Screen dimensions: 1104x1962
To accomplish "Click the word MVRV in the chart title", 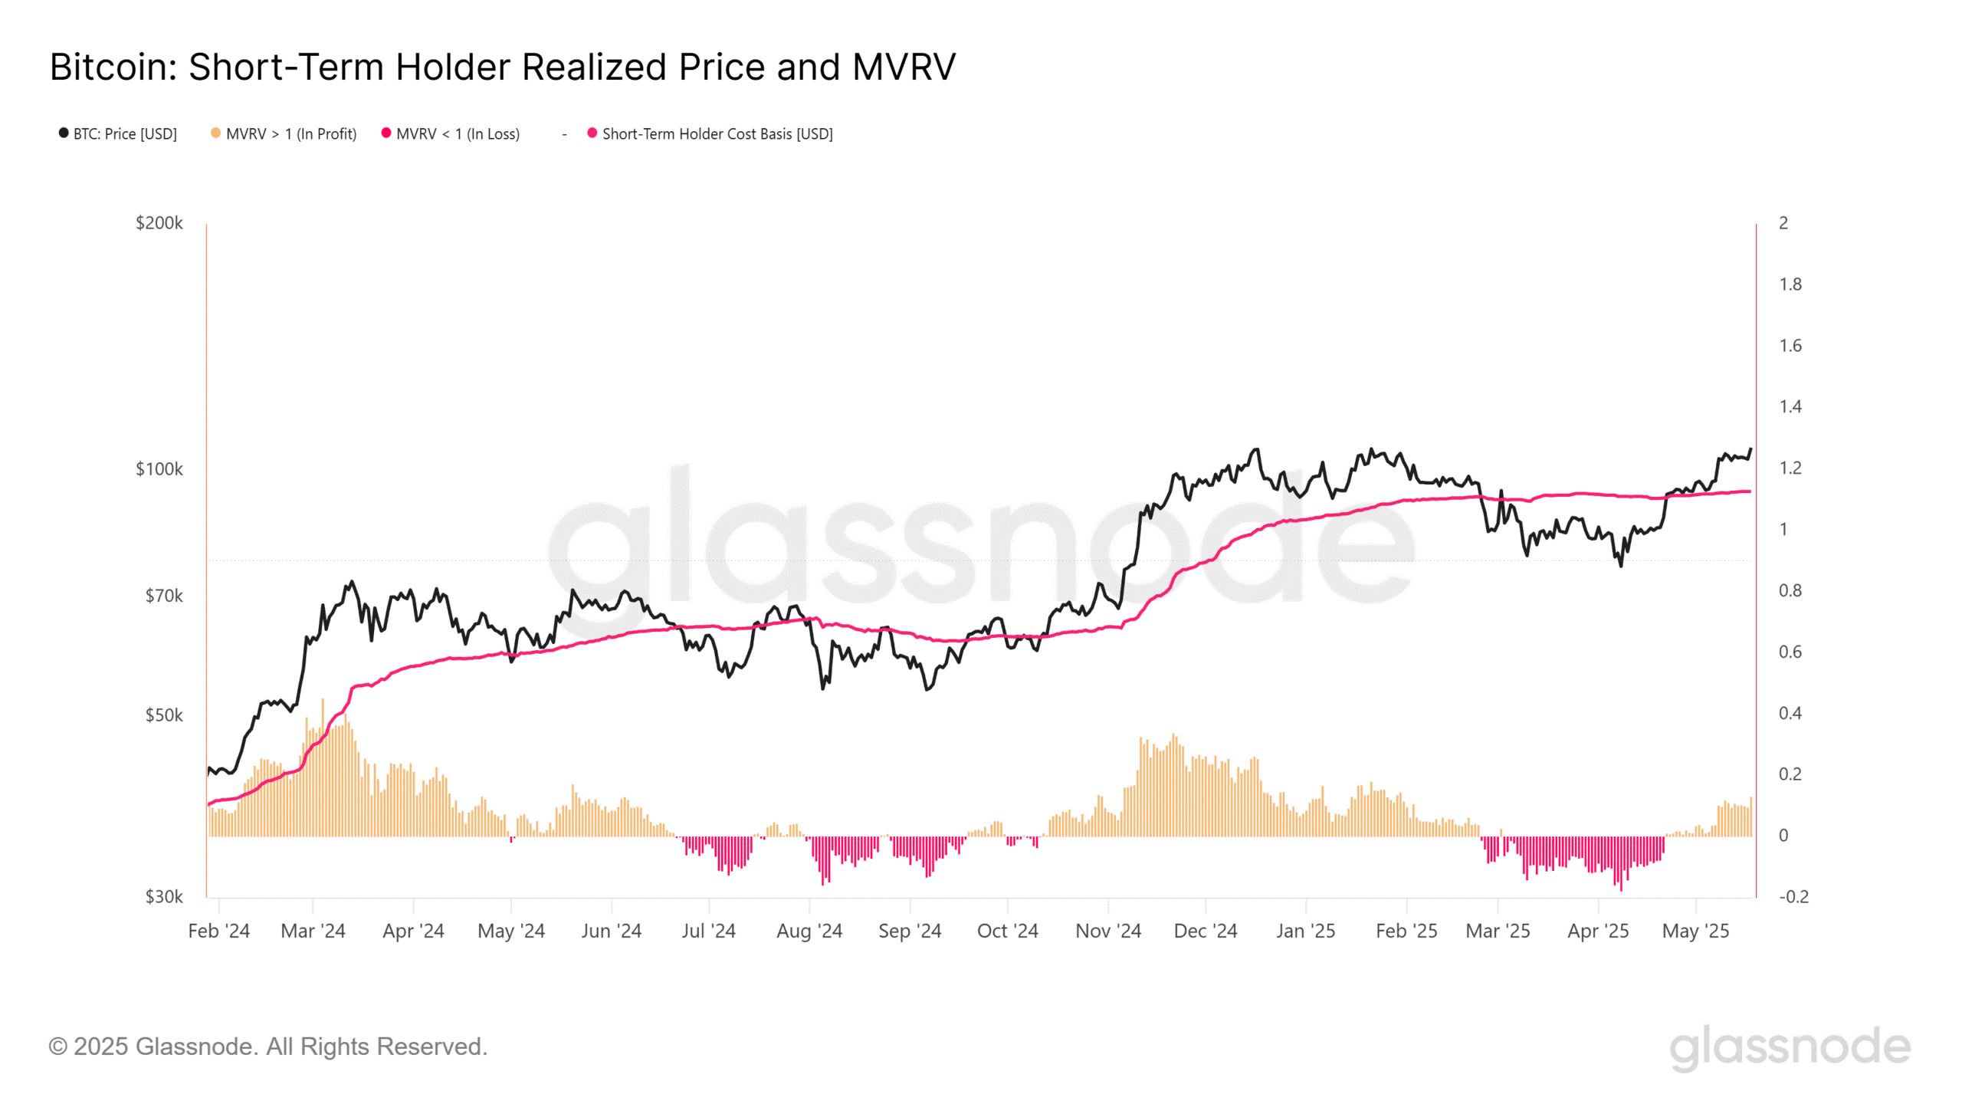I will (x=904, y=67).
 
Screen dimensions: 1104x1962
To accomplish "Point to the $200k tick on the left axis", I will (x=159, y=223).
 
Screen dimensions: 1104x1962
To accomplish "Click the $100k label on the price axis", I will (x=159, y=469).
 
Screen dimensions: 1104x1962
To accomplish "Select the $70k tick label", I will (x=164, y=596).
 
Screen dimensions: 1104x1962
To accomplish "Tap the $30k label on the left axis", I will (x=164, y=896).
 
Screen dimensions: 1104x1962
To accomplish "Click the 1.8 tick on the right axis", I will (x=1790, y=284).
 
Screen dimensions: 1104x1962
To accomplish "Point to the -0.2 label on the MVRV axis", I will (x=1793, y=896).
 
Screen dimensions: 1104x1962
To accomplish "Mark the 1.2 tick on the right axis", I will (x=1790, y=468).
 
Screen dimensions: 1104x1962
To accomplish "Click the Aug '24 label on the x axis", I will (x=809, y=931).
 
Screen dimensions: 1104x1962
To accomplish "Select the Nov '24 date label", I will (x=1108, y=931).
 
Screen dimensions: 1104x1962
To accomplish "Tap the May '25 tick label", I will (x=1695, y=931).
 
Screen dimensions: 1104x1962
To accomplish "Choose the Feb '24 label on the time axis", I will (x=219, y=931).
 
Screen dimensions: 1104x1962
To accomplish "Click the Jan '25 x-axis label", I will (x=1306, y=931).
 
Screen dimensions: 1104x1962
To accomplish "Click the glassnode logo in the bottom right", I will (x=1790, y=1047).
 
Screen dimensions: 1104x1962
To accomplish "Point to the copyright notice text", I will (x=268, y=1046).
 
